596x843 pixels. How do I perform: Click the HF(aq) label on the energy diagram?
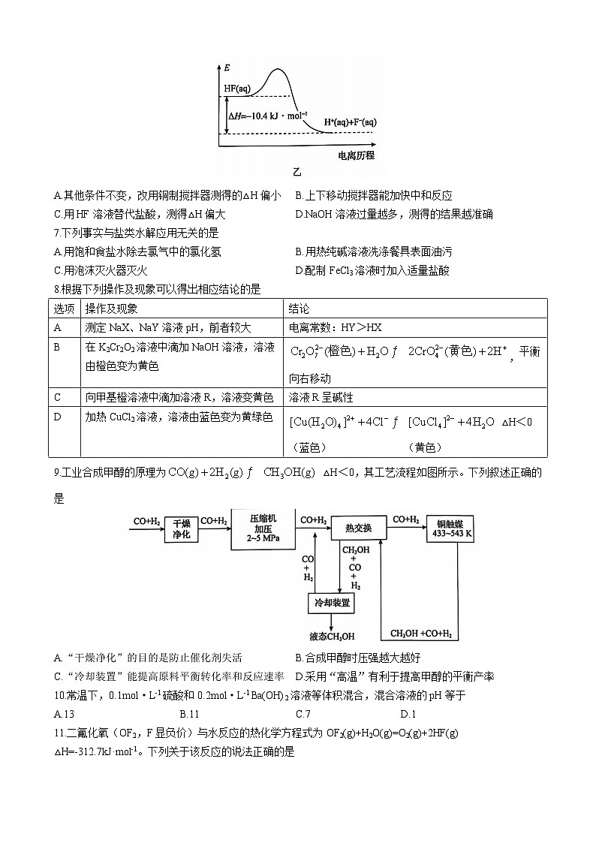pyautogui.click(x=237, y=89)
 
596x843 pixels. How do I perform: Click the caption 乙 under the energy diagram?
pyautogui.click(x=297, y=173)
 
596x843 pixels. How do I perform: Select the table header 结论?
pyautogui.click(x=299, y=309)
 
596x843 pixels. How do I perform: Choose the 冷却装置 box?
pyautogui.click(x=332, y=603)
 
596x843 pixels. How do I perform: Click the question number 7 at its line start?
pyautogui.click(x=56, y=233)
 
